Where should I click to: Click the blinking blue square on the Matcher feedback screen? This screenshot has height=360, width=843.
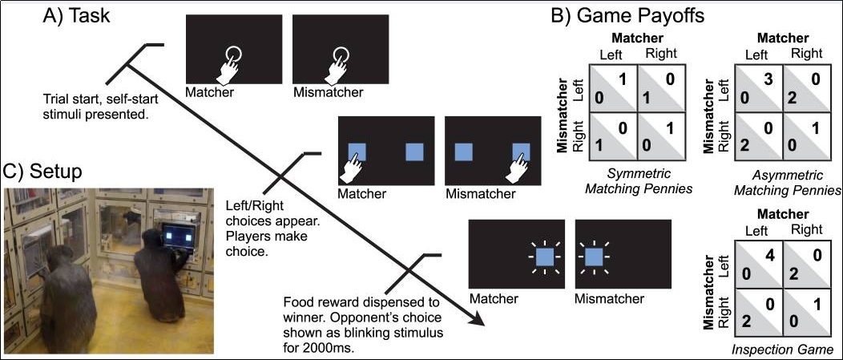pyautogui.click(x=544, y=257)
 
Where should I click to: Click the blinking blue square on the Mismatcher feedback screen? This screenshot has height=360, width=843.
pyautogui.click(x=594, y=257)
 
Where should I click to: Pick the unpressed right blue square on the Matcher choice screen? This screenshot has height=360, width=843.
pyautogui.click(x=414, y=152)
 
